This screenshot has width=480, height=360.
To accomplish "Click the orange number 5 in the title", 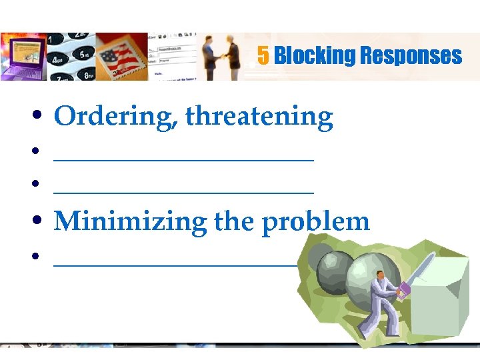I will coord(263,55).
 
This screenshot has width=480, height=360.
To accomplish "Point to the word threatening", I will coord(259,117).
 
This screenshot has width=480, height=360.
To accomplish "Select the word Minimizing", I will coord(130,221).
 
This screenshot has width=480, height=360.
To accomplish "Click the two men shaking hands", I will coord(222,57).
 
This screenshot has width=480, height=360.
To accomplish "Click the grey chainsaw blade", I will coord(419,269).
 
